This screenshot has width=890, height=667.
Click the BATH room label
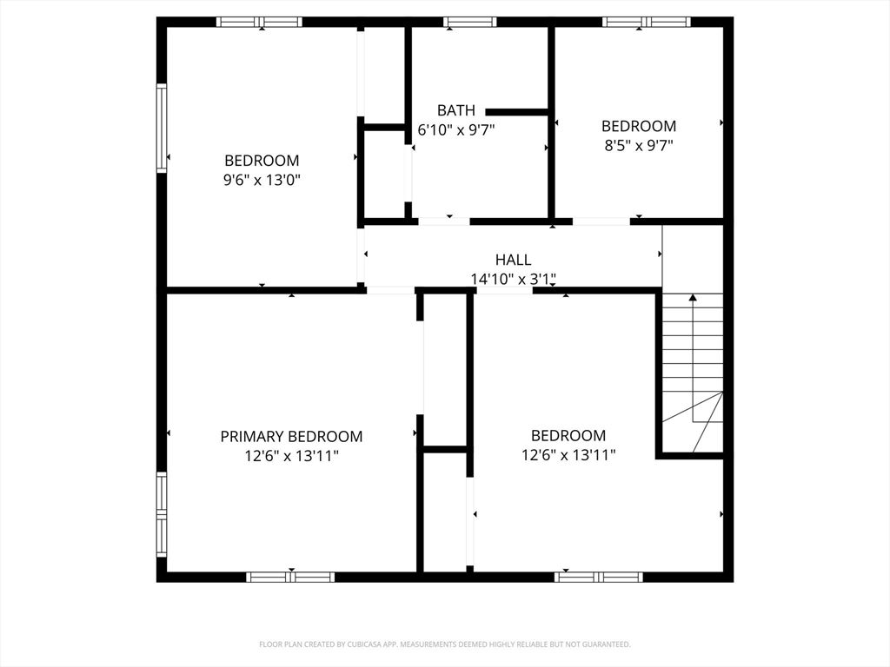click(456, 110)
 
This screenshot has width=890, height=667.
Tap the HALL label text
click(513, 260)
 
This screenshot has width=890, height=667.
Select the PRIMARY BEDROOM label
click(291, 436)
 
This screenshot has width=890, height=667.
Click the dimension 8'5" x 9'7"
click(639, 146)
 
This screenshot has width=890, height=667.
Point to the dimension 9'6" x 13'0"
click(262, 180)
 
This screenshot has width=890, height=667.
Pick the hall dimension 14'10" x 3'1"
click(513, 279)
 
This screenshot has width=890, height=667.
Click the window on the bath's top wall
click(469, 22)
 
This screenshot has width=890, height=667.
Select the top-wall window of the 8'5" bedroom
click(647, 22)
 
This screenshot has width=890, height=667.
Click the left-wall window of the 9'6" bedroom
click(162, 128)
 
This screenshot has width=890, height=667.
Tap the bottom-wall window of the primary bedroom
click(290, 577)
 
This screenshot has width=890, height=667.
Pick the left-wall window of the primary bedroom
click(162, 514)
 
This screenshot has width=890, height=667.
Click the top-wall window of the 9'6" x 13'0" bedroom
click(259, 22)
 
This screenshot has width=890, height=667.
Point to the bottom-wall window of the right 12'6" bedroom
click(599, 577)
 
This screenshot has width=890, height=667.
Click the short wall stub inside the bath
click(516, 112)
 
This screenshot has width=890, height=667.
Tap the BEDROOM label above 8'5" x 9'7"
click(639, 126)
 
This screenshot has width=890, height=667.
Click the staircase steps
click(693, 365)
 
